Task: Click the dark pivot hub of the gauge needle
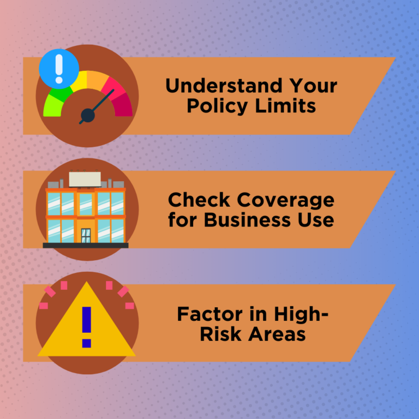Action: [87, 115]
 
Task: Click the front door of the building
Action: [86, 235]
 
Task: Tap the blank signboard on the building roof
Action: [85, 179]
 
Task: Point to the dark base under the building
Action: [86, 246]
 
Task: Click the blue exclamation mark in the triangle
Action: [86, 326]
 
